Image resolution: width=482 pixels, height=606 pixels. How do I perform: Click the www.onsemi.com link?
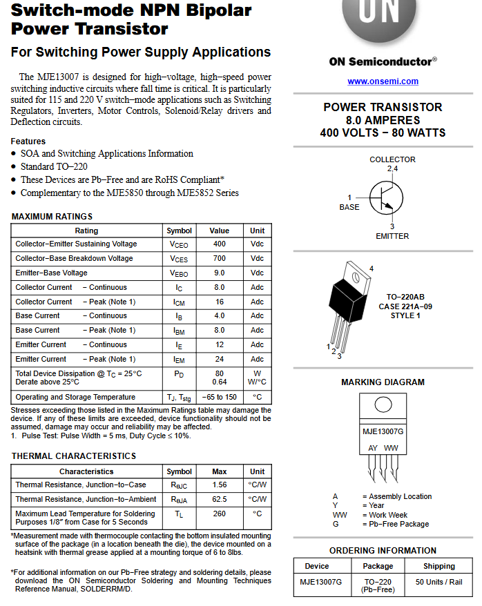tap(383, 81)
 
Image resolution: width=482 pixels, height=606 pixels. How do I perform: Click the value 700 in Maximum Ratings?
tap(219, 258)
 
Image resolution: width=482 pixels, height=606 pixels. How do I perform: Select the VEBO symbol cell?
tap(179, 273)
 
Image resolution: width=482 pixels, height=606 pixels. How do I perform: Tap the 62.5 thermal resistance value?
tap(219, 499)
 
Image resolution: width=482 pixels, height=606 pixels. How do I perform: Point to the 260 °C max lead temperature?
tap(219, 514)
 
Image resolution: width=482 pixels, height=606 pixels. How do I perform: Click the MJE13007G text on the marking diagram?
tap(383, 431)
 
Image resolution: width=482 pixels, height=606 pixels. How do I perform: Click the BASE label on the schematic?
tap(349, 207)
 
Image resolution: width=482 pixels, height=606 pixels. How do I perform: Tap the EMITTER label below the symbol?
tap(392, 236)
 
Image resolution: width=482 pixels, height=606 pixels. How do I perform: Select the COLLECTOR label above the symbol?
tap(392, 159)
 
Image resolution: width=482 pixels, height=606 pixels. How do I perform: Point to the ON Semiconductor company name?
tap(383, 61)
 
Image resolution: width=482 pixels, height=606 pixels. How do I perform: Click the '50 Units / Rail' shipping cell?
tap(438, 583)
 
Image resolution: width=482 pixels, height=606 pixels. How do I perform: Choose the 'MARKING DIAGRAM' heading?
tap(383, 382)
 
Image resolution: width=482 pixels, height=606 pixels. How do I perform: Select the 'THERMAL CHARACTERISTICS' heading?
tap(74, 456)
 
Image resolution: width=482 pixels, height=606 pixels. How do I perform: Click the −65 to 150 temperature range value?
tap(219, 398)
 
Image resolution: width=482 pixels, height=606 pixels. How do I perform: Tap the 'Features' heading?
tap(28, 141)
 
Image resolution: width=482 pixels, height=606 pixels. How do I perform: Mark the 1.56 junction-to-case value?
tap(219, 485)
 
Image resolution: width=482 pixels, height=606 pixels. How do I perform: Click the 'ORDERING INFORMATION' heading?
tap(383, 551)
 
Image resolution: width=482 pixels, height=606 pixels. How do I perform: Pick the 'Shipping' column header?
tap(438, 566)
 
